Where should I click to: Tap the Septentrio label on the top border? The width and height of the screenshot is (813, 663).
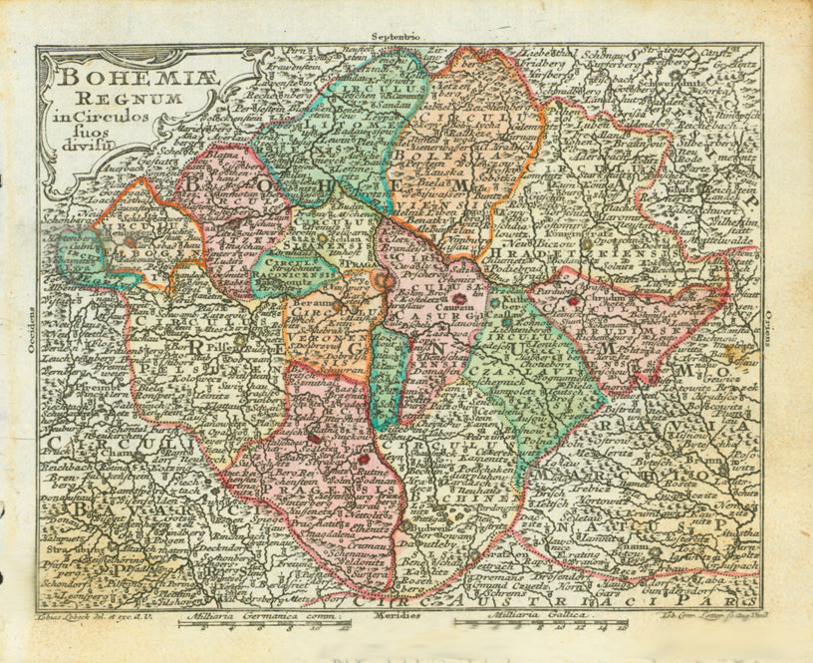(398, 37)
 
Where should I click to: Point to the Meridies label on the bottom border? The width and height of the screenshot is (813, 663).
(399, 616)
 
